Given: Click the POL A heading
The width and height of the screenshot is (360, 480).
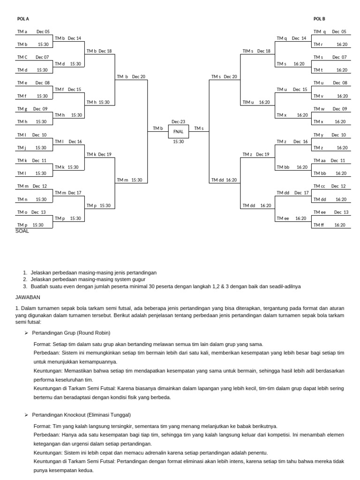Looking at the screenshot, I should (x=23, y=19).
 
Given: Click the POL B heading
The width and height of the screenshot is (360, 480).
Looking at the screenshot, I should (x=319, y=19).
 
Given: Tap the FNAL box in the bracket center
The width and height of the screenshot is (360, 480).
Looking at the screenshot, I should (x=178, y=132).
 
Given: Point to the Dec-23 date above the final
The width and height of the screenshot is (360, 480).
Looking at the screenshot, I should (x=178, y=122).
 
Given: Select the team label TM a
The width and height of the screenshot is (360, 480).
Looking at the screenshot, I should (x=22, y=31).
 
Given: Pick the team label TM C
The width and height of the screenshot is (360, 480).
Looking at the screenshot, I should (x=22, y=57).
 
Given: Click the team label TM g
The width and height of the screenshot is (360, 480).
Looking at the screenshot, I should (x=22, y=109).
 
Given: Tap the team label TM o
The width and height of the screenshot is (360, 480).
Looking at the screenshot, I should (x=22, y=212).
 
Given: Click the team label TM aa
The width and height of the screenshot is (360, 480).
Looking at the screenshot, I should (x=319, y=160).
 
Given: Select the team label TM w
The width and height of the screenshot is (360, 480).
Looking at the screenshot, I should (x=319, y=109).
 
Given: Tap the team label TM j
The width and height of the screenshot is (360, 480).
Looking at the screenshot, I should (x=22, y=148).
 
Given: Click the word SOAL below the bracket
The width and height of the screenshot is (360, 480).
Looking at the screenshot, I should (x=22, y=231).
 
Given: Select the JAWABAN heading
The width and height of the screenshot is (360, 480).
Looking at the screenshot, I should (x=28, y=297).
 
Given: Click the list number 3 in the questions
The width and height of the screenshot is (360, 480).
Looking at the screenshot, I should (x=25, y=286).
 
